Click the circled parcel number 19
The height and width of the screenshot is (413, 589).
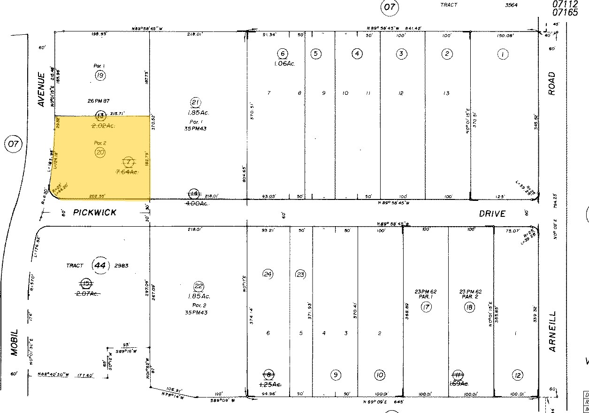point(99,75)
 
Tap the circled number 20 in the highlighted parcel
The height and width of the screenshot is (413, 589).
point(100,152)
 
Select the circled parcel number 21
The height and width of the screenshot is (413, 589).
point(195,103)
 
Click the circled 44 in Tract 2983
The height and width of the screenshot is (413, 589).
point(99,265)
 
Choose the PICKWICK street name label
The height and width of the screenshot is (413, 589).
point(95,213)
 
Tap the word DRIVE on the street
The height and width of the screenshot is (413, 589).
point(492,214)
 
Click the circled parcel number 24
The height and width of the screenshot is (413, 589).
point(268,274)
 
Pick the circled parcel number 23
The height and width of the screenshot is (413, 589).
point(300,274)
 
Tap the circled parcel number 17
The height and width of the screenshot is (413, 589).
point(426,307)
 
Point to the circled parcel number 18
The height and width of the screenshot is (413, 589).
point(469,307)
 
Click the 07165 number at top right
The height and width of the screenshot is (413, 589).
point(565,13)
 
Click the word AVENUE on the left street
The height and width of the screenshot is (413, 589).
point(41,89)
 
